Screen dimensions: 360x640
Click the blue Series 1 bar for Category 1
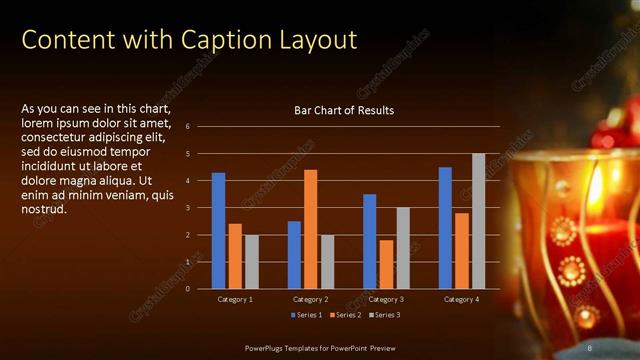coord(218,231)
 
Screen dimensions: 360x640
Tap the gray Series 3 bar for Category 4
coord(478,221)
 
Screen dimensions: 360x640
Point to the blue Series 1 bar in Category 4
coord(445,228)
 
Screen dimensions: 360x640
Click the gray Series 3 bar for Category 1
coord(251,262)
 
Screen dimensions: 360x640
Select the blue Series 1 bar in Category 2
coord(294,255)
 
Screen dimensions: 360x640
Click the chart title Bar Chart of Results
coord(343,110)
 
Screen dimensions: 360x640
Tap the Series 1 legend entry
coord(306,316)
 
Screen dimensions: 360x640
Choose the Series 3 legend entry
coord(385,316)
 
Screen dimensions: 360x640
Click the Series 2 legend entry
coord(346,316)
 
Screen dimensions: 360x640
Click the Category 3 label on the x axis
coord(386,299)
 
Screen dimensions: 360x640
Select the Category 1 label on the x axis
coord(235,299)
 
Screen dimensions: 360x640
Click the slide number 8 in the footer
coord(591,347)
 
